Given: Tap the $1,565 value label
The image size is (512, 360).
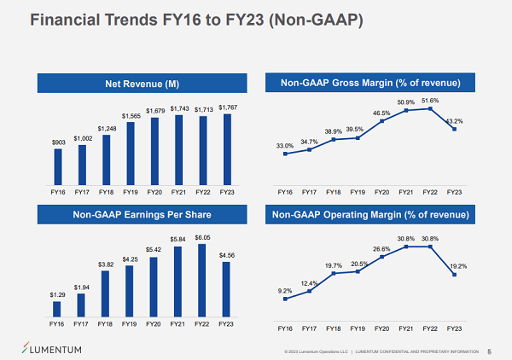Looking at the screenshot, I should click(x=131, y=116).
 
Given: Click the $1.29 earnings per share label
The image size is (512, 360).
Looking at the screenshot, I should click(x=58, y=294).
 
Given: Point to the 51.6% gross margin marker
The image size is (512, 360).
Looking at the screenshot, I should click(x=432, y=108).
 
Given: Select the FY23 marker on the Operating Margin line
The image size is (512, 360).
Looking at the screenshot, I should click(x=455, y=275).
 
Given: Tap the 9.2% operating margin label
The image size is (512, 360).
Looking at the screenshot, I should click(x=285, y=291).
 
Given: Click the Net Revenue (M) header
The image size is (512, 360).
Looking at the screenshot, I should click(x=142, y=83).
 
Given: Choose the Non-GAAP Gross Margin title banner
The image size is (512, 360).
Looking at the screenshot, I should click(x=370, y=83).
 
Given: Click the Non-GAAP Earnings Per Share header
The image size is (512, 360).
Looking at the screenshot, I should click(x=142, y=216).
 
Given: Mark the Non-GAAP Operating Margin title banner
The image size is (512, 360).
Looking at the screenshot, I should click(x=370, y=216).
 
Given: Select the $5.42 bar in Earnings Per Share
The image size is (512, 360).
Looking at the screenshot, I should click(x=154, y=287).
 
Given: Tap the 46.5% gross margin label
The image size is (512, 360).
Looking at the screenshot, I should click(x=381, y=113).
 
